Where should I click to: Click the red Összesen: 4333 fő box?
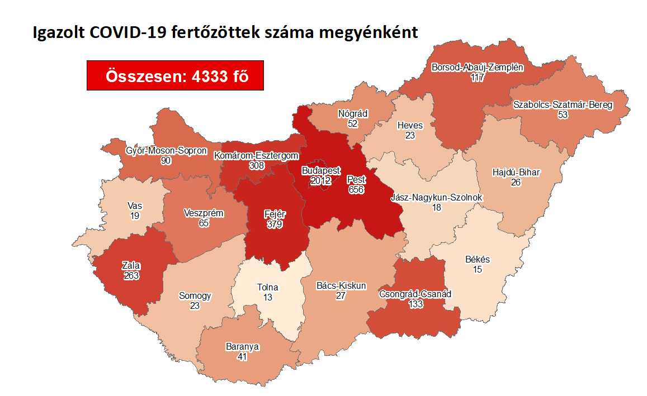coord(175,75)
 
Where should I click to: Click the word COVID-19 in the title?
coord(119,32)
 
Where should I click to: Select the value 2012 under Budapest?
coord(320,180)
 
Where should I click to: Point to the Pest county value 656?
coord(356,190)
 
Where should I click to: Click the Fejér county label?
coord(274,214)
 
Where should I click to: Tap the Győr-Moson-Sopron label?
coord(166,151)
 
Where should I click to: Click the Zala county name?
coord(131,265)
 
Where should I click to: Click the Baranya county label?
coord(243,346)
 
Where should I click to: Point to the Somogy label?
coord(195,295)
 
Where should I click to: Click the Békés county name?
coord(477,260)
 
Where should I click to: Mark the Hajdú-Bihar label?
coord(516,172)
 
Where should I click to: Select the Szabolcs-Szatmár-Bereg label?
coord(563,104)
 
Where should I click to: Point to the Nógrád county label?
coord(352,113)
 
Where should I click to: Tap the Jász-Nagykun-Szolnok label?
coord(436,198)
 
